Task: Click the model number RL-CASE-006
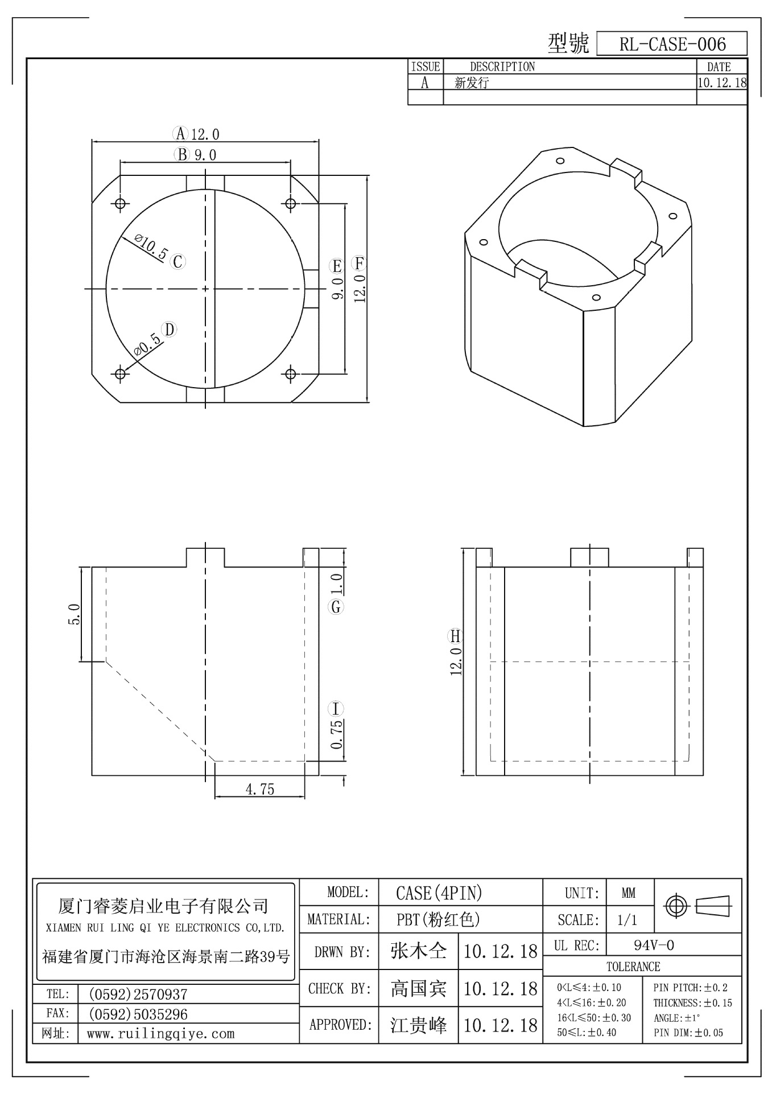(x=672, y=44)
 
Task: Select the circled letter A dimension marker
(x=180, y=134)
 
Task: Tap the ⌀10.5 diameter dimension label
(x=150, y=246)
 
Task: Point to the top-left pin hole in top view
(x=120, y=203)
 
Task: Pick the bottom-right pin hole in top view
(x=291, y=373)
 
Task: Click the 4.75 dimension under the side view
(x=259, y=789)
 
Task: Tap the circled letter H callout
(x=456, y=636)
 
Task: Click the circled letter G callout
(x=336, y=607)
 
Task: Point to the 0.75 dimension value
(x=336, y=735)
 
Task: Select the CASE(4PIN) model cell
(x=439, y=893)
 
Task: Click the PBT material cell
(x=438, y=919)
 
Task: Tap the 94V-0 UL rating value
(x=654, y=946)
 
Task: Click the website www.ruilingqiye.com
(x=160, y=1033)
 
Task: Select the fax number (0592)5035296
(x=138, y=1014)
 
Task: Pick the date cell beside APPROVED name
(x=500, y=1025)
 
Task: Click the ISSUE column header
(x=425, y=67)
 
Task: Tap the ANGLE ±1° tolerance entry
(x=677, y=1018)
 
